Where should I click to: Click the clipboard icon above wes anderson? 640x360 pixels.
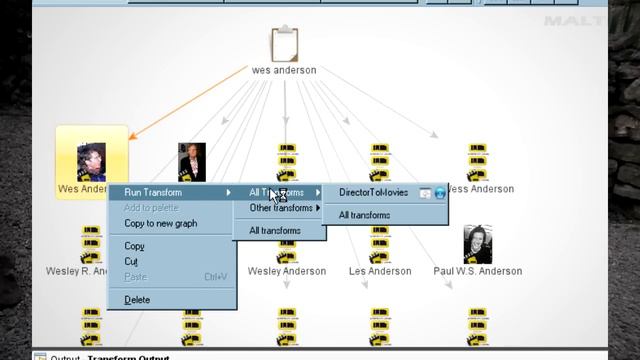[x=285, y=45]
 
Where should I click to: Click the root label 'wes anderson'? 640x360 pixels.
[x=284, y=71]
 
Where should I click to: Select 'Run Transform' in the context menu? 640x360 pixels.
[x=152, y=192]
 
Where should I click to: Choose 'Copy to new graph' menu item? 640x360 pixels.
[x=160, y=224]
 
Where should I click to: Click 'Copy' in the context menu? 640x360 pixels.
[x=134, y=246]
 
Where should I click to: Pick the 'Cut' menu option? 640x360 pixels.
[x=131, y=261]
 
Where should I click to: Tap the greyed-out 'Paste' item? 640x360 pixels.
[x=135, y=277]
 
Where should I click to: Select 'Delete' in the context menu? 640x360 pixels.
[x=137, y=300]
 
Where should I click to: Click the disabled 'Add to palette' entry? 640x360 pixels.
[x=152, y=207]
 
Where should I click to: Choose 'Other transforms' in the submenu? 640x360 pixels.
[x=280, y=208]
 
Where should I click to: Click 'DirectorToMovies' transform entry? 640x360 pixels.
[x=373, y=193]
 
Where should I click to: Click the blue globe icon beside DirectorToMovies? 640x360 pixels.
[x=439, y=193]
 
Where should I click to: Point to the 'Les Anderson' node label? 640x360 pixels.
[x=379, y=271]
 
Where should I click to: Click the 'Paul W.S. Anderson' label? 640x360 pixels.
[x=477, y=271]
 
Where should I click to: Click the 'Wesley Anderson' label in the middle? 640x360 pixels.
[x=287, y=271]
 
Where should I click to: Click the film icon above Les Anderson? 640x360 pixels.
[x=380, y=243]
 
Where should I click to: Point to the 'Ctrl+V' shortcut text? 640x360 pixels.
[x=215, y=277]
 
